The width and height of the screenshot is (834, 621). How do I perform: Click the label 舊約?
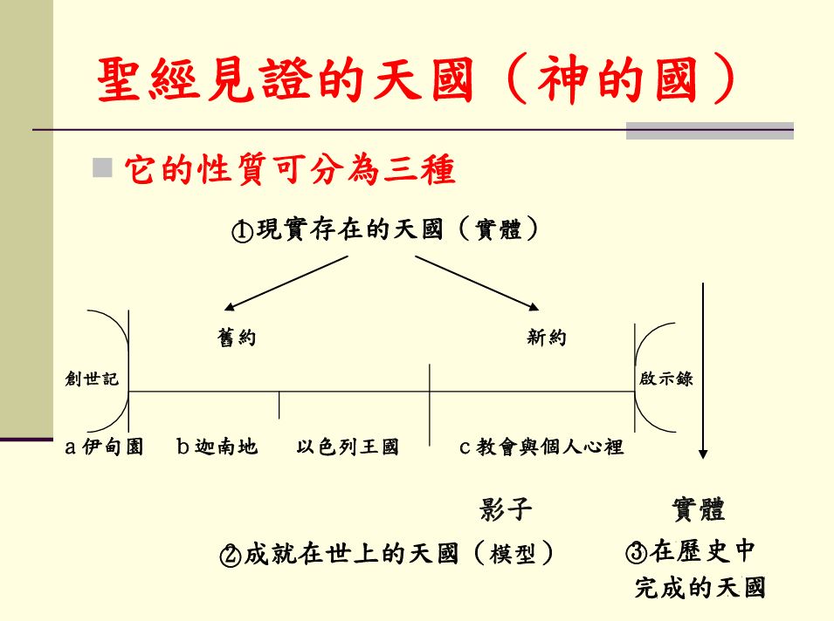pyautogui.click(x=237, y=338)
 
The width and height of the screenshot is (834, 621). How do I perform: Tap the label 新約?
pyautogui.click(x=547, y=338)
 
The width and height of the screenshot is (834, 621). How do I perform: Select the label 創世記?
pyautogui.click(x=92, y=379)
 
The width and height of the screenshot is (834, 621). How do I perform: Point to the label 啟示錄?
pyautogui.click(x=666, y=379)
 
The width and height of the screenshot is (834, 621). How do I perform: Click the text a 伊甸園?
pyautogui.click(x=104, y=447)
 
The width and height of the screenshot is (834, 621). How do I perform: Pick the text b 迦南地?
pyautogui.click(x=217, y=447)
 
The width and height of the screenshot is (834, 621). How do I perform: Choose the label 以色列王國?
pyautogui.click(x=348, y=447)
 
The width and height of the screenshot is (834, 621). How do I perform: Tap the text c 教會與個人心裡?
pyautogui.click(x=541, y=447)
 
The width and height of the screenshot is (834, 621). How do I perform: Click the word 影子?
pyautogui.click(x=506, y=508)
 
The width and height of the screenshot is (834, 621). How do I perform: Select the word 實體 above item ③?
pyautogui.click(x=699, y=508)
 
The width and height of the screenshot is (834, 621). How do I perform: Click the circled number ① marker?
pyautogui.click(x=242, y=231)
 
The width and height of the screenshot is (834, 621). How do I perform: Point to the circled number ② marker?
pyautogui.click(x=231, y=555)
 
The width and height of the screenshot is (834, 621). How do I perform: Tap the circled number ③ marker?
pyautogui.click(x=636, y=552)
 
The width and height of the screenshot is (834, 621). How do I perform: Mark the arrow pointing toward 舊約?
pyautogui.click(x=286, y=283)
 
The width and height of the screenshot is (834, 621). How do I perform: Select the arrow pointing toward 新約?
pyautogui.click(x=477, y=283)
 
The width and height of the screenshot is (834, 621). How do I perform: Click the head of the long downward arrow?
pyautogui.click(x=703, y=454)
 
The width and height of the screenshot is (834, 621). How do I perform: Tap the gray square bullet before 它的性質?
pyautogui.click(x=102, y=167)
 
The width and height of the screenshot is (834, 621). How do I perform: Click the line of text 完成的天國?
pyautogui.click(x=700, y=587)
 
